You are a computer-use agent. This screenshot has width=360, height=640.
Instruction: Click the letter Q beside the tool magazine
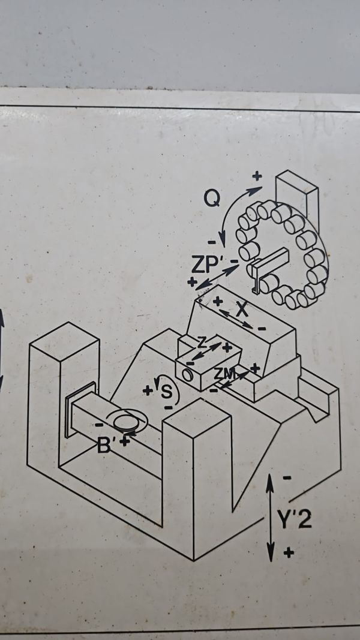(x=212, y=199)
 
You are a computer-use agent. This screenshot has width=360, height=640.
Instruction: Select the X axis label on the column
(x=242, y=310)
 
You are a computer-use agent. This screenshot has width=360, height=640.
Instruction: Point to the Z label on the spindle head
(x=201, y=344)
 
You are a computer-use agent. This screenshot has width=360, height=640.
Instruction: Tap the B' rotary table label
(x=104, y=446)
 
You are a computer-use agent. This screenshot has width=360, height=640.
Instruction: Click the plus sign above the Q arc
(x=257, y=176)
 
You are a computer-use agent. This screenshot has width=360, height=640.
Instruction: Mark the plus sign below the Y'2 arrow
(x=289, y=553)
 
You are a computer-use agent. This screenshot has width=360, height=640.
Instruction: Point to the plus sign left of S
(x=148, y=391)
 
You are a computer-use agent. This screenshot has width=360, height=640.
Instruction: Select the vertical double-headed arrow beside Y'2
(x=270, y=518)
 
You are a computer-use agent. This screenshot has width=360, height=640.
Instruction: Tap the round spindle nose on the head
(x=187, y=375)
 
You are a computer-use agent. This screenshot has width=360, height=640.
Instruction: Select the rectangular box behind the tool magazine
(x=297, y=196)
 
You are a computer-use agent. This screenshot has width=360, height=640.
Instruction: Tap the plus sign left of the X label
(x=218, y=302)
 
